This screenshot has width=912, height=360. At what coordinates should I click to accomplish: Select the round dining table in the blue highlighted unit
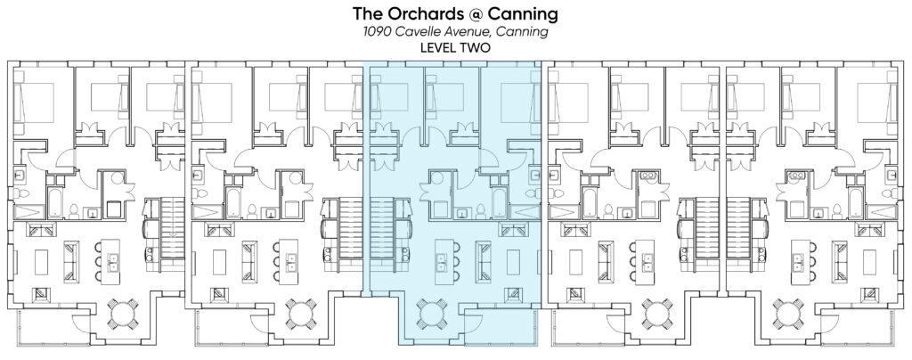(433, 313)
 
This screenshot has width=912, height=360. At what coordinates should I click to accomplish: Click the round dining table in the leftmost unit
(123, 313)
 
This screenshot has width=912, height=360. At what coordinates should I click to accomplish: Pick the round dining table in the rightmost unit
(789, 313)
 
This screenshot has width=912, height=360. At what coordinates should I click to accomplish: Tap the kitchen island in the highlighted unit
(442, 262)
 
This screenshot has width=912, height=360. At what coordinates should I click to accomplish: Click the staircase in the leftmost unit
(172, 228)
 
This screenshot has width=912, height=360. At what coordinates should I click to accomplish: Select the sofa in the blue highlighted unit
(483, 262)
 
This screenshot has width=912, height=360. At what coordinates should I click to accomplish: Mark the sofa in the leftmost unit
(71, 262)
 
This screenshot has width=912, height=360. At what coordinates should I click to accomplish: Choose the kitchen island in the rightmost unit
(798, 262)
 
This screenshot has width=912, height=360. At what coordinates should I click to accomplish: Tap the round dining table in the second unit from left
(301, 313)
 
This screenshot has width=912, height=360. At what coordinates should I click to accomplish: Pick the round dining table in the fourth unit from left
(657, 313)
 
